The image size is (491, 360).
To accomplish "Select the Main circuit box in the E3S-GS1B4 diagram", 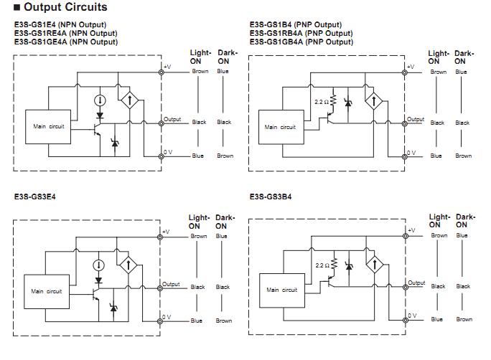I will coord(280,127).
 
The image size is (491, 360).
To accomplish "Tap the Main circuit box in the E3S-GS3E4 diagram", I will coord(47,291).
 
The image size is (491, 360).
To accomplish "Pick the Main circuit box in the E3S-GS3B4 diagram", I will coord(282,290).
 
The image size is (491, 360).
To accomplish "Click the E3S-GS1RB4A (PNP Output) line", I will coord(301,33).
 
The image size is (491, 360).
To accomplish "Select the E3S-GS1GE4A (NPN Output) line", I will coord(66,42).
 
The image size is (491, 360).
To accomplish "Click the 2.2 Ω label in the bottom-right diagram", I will coord(322,265).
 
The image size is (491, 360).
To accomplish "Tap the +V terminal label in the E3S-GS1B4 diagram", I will coord(410,67).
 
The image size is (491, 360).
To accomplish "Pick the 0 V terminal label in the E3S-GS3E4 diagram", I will coord(167,316).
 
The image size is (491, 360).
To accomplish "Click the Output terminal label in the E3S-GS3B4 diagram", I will coord(416,283).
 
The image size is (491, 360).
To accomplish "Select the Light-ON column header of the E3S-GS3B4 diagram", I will coord(439,220).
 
